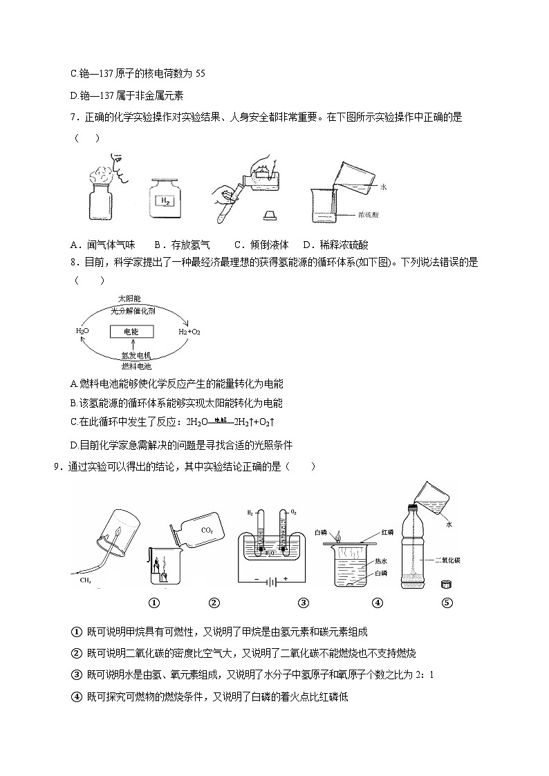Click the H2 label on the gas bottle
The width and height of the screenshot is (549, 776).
click(165, 201)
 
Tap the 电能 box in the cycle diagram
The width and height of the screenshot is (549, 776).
click(131, 332)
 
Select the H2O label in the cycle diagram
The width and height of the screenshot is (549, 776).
click(82, 332)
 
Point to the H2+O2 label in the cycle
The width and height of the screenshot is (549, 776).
click(189, 332)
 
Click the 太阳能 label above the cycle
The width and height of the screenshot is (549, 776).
click(129, 299)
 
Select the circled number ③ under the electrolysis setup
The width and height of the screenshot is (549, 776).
click(303, 603)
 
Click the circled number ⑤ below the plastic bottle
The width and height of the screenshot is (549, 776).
click(447, 603)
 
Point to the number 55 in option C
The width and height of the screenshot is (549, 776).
click(200, 73)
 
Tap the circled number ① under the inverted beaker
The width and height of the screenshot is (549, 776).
click(154, 603)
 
